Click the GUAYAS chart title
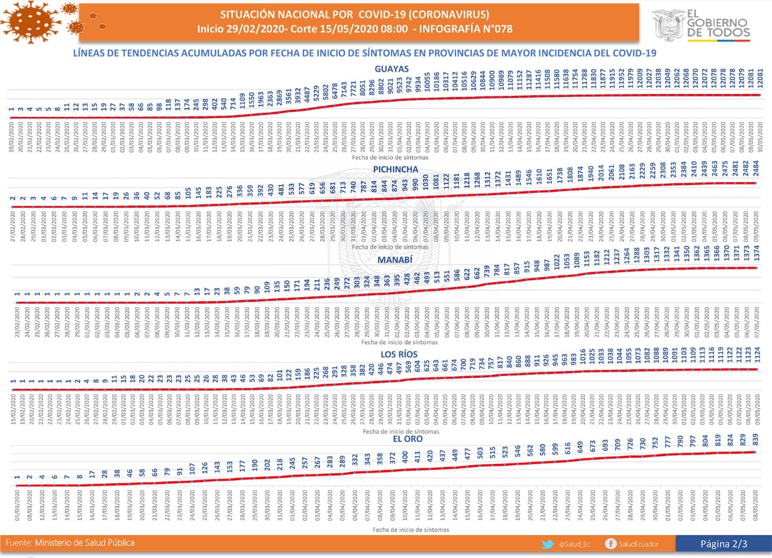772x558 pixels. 391,69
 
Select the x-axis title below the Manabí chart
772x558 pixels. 391,342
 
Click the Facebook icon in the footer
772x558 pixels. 612,544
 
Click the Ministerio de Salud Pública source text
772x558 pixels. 85,543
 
